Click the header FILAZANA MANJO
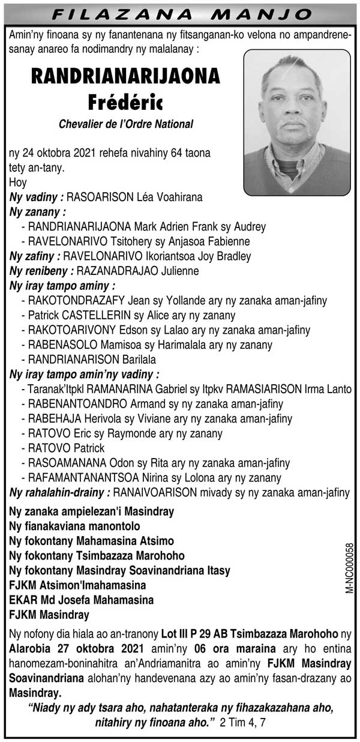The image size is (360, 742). (x=180, y=13)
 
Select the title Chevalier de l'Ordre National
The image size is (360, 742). (x=125, y=124)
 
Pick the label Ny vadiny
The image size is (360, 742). (x=37, y=197)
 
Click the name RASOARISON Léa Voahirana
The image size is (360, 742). (x=135, y=197)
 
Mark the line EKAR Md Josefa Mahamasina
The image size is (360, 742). (x=82, y=599)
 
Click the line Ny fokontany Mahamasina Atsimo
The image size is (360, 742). (x=92, y=540)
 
